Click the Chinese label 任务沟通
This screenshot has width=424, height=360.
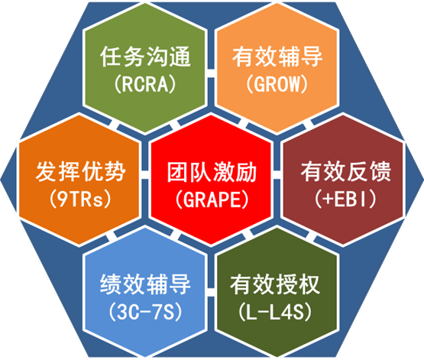click(145, 57)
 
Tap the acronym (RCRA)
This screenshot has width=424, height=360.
click(145, 84)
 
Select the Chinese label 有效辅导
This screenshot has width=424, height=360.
click(277, 57)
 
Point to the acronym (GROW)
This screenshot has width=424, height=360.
click(277, 84)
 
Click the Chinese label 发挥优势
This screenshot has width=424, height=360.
click(80, 171)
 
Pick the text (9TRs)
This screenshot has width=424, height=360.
click(80, 199)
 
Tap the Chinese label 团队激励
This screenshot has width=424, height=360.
click(212, 172)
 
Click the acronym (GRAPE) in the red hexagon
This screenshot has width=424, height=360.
click(212, 199)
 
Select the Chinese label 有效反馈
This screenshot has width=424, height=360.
click(346, 171)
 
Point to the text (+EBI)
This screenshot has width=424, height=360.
click(345, 199)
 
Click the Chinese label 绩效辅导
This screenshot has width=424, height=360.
click(145, 284)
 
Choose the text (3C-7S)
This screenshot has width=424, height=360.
click(145, 311)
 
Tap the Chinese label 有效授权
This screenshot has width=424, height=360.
click(275, 284)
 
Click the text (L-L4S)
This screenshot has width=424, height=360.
click(275, 311)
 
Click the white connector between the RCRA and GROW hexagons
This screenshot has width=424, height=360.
click(211, 73)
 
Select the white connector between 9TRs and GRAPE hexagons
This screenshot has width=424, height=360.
click(145, 175)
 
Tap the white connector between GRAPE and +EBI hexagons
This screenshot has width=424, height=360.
click(277, 175)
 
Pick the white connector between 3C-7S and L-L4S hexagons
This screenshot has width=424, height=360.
click(211, 292)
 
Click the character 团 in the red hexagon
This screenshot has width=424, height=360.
click(178, 172)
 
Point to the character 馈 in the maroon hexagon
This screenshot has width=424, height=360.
click(380, 171)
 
